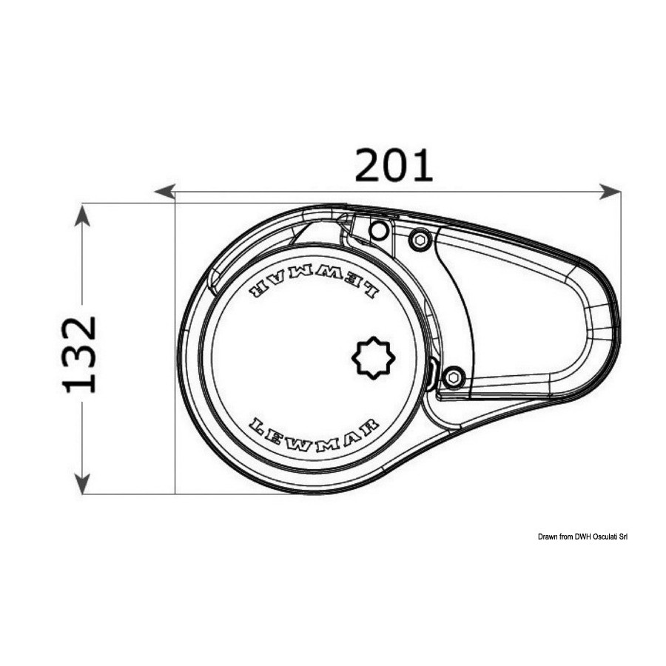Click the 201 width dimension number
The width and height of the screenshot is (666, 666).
[394, 166]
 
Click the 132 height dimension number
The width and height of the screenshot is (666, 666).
[79, 354]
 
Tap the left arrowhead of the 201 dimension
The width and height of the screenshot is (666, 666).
[164, 192]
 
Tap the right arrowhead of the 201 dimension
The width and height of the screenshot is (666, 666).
[610, 192]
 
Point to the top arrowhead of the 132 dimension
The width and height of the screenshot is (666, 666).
[82, 215]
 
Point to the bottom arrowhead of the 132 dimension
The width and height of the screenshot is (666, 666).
[82, 483]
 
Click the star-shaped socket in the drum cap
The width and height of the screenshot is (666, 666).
[374, 357]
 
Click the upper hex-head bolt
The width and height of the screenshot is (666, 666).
[420, 240]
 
